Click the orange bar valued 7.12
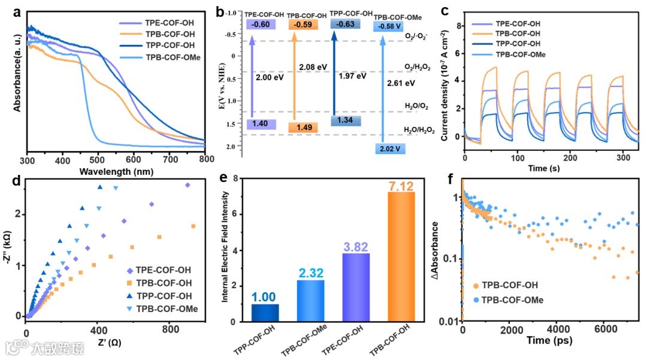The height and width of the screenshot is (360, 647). [x=398, y=256]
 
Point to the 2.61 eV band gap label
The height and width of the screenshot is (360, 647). [x=401, y=83]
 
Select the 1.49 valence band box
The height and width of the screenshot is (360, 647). [x=299, y=127]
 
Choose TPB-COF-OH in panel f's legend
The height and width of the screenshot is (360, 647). [x=509, y=287]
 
